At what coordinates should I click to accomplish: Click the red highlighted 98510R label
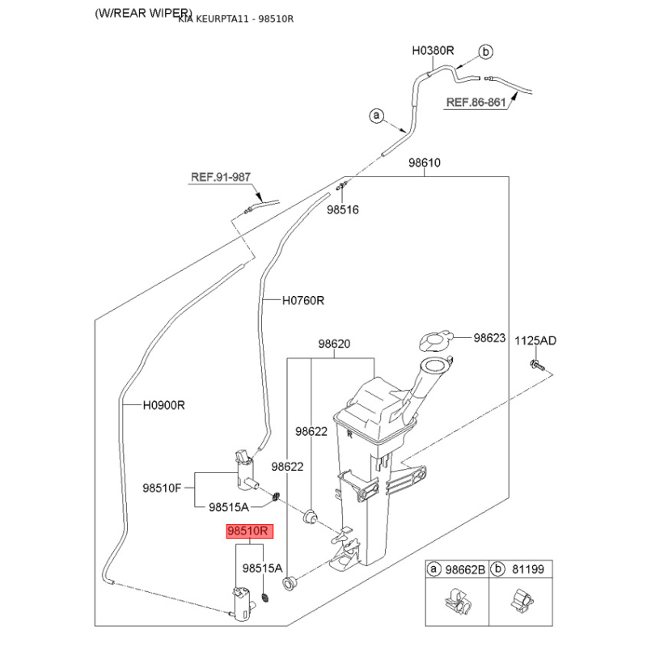pyautogui.click(x=251, y=532)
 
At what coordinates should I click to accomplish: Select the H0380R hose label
pyautogui.click(x=433, y=50)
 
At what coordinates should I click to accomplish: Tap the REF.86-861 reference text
pyautogui.click(x=476, y=103)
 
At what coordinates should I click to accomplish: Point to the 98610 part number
pyautogui.click(x=424, y=163)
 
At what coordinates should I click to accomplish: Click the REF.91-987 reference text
pyautogui.click(x=221, y=177)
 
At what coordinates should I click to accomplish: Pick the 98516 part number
pyautogui.click(x=343, y=209)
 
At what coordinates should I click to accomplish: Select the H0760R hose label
pyautogui.click(x=302, y=300)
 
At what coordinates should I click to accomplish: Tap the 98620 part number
pyautogui.click(x=333, y=344)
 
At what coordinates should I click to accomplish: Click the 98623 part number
pyautogui.click(x=489, y=338)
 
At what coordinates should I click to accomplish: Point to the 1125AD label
pyautogui.click(x=536, y=340)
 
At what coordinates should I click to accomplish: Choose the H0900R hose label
pyautogui.click(x=164, y=404)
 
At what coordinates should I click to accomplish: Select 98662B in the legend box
pyautogui.click(x=466, y=569)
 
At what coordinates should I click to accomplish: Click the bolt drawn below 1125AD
pyautogui.click(x=535, y=366)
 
